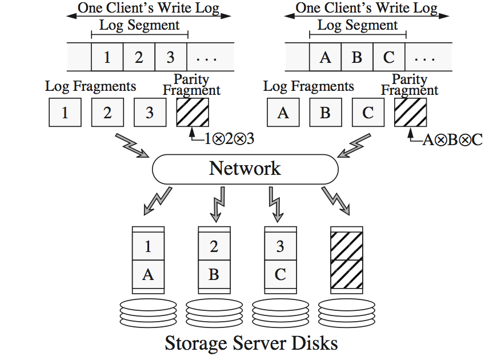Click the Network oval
pyautogui.click(x=245, y=169)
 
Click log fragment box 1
pyautogui.click(x=65, y=113)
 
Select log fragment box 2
pyautogui.click(x=107, y=113)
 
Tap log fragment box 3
pyautogui.click(x=150, y=113)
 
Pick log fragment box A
pyautogui.click(x=283, y=113)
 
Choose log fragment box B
pyautogui.click(x=326, y=113)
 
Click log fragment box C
pyautogui.click(x=368, y=113)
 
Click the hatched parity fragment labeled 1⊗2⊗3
pyautogui.click(x=193, y=113)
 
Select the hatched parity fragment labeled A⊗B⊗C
pyautogui.click(x=410, y=113)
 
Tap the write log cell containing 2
pyautogui.click(x=139, y=57)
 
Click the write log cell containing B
pyautogui.click(x=357, y=57)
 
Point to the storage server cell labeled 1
pyautogui.click(x=148, y=246)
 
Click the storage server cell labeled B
pyautogui.click(x=214, y=274)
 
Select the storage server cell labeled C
pyautogui.click(x=280, y=274)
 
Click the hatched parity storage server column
pyautogui.click(x=347, y=260)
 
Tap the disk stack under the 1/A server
pyautogui.click(x=148, y=312)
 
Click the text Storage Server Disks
pyautogui.click(x=251, y=343)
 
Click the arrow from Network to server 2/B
pyautogui.click(x=217, y=205)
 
